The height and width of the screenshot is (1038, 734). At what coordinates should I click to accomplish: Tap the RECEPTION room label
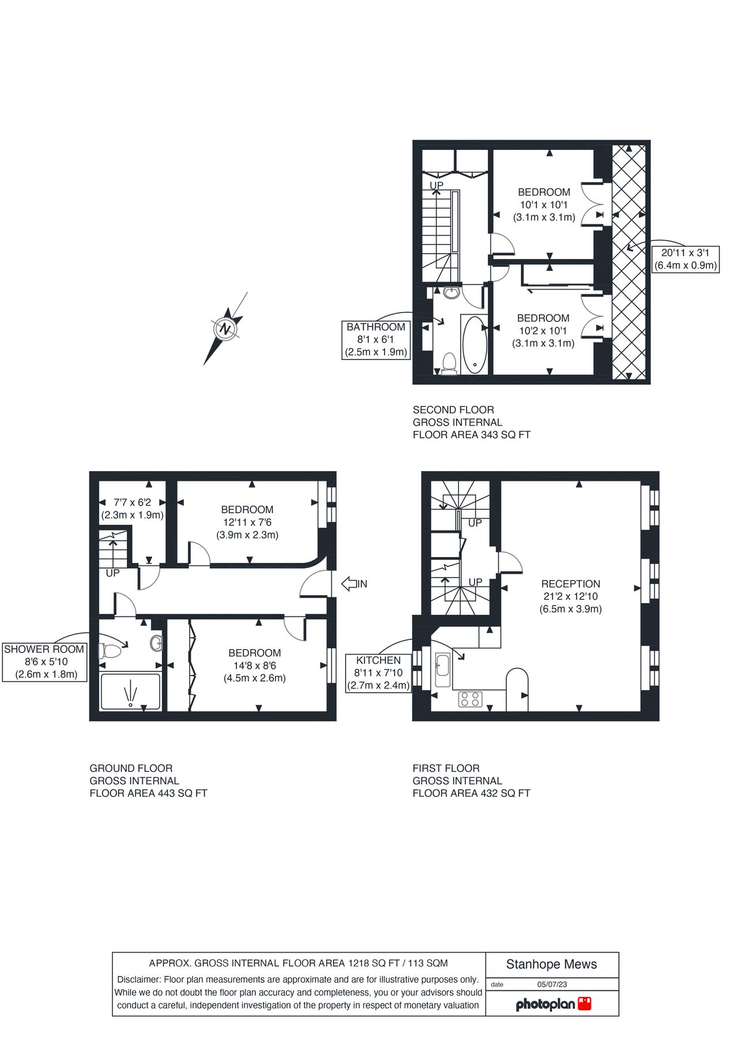(570, 596)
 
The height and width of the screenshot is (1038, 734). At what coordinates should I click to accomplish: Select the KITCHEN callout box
(378, 673)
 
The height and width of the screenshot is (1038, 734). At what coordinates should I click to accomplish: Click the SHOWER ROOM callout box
(45, 661)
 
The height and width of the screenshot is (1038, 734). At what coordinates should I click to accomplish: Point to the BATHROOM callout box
(376, 339)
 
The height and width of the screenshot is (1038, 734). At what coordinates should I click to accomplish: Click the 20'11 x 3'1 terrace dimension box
(685, 259)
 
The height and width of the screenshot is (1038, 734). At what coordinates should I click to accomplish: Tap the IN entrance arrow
(354, 584)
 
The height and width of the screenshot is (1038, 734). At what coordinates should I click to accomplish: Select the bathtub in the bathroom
(475, 344)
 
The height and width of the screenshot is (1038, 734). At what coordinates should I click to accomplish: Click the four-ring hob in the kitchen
(470, 699)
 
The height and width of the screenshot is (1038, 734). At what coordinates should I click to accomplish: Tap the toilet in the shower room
(110, 651)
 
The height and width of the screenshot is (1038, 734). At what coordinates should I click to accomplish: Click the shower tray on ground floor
(130, 691)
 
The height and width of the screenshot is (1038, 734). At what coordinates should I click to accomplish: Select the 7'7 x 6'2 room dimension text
(133, 509)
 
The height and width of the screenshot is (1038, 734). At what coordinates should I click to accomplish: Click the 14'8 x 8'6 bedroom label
(254, 665)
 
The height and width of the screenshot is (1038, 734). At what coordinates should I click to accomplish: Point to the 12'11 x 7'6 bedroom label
(247, 522)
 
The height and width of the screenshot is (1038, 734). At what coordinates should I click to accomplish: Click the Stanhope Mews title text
(551, 964)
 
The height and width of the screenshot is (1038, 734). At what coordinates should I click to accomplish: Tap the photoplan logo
(553, 1004)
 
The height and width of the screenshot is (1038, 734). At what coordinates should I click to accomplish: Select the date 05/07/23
(552, 984)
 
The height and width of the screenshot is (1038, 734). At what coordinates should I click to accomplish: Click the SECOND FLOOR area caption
(471, 422)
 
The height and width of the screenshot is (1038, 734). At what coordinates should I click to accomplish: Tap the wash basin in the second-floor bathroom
(453, 292)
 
